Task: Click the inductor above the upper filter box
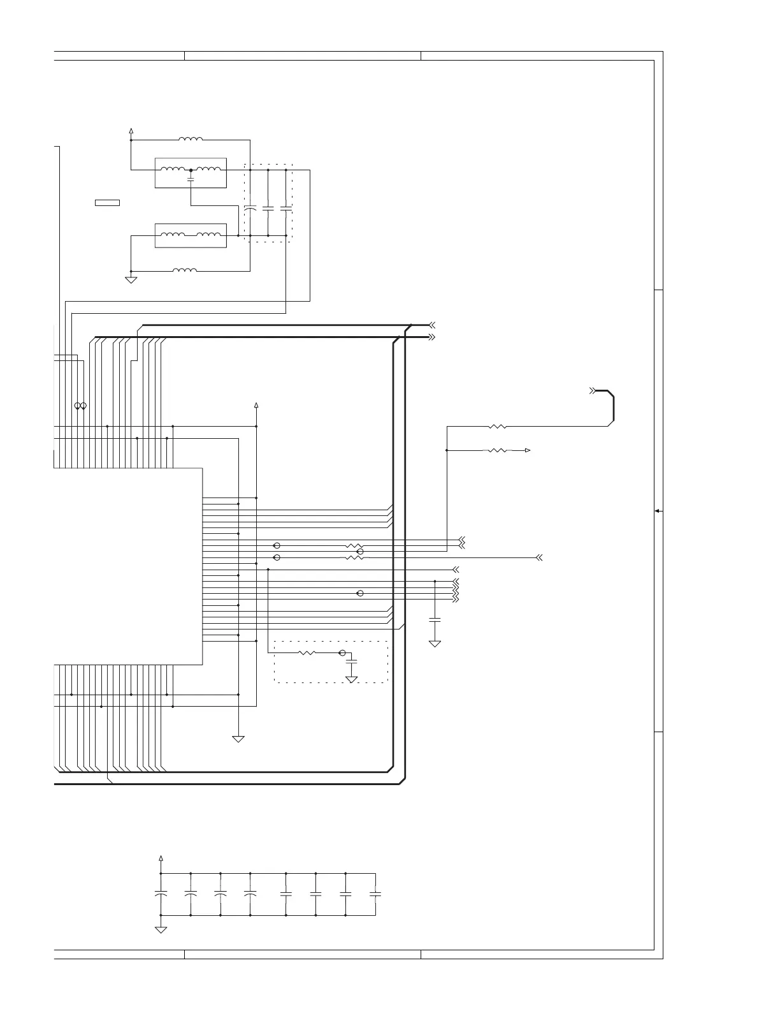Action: coord(191,138)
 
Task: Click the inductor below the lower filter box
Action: coord(185,270)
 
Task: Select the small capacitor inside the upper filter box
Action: coord(191,180)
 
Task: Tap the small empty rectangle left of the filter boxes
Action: coord(107,203)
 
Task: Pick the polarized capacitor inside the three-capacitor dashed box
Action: coord(250,208)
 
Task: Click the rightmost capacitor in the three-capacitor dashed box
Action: coord(285,208)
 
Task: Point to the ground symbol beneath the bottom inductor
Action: coord(131,279)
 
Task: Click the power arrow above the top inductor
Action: coord(131,131)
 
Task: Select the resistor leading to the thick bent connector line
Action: coord(497,426)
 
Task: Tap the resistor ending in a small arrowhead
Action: coord(497,450)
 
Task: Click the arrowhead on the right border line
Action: coord(658,511)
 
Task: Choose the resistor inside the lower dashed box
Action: coord(307,652)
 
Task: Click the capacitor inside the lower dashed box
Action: coord(351,662)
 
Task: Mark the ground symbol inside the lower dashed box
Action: coord(351,679)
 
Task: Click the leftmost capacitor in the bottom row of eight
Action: coord(161,894)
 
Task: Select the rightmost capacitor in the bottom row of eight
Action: coord(375,894)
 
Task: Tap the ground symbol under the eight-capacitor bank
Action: coord(161,930)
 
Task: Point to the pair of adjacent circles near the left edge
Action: coord(80,406)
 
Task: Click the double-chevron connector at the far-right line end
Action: coord(539,557)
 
